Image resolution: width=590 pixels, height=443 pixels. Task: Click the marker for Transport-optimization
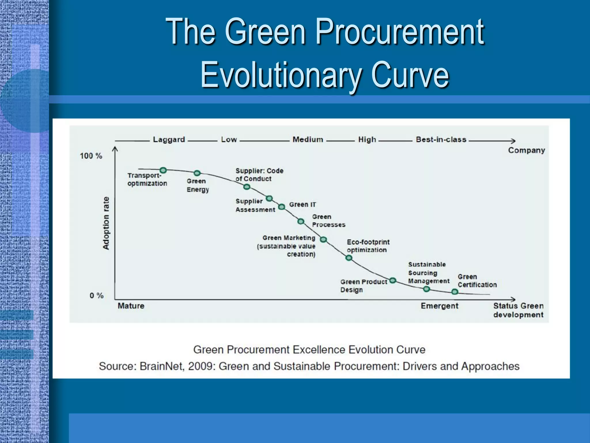[163, 170]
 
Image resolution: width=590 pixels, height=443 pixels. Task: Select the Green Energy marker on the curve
[197, 173]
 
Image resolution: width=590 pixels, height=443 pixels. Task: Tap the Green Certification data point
[455, 292]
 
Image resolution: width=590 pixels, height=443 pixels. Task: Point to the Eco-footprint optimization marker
[349, 258]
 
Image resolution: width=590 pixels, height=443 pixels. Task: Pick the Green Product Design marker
[393, 281]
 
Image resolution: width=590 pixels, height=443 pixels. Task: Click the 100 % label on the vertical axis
[91, 156]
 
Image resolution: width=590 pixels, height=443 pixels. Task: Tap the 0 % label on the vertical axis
[97, 296]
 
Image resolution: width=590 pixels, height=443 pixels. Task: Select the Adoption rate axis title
[106, 223]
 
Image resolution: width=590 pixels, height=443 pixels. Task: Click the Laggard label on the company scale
[169, 140]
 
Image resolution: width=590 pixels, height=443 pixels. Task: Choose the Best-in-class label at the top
[441, 140]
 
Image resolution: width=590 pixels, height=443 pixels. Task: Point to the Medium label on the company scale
[308, 140]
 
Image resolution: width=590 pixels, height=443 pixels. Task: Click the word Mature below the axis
[131, 306]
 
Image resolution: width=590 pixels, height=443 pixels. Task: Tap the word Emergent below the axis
[439, 306]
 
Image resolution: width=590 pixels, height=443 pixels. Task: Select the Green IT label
[302, 204]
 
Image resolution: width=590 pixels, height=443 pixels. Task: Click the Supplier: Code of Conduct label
[259, 175]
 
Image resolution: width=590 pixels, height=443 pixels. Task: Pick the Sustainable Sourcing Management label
[428, 273]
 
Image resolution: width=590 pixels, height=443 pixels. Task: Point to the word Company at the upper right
[526, 150]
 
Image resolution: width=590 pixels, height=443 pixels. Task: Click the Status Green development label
[518, 310]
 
